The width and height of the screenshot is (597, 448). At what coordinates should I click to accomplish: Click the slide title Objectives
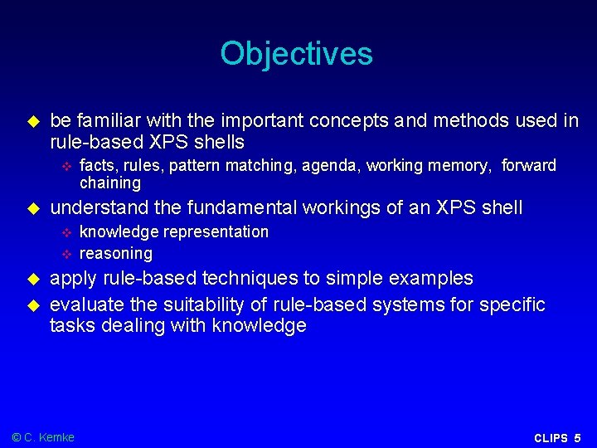click(297, 54)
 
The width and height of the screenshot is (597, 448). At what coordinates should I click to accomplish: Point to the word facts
click(96, 166)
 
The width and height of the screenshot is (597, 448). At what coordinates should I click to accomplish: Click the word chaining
click(109, 183)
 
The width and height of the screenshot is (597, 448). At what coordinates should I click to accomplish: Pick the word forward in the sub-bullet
click(529, 166)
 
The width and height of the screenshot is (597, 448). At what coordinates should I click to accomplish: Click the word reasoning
click(115, 253)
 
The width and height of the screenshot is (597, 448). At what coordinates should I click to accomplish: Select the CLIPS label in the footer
click(551, 438)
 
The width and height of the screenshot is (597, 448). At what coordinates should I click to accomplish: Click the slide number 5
click(578, 438)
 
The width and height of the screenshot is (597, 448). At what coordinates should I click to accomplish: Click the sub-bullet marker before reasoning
click(68, 253)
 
